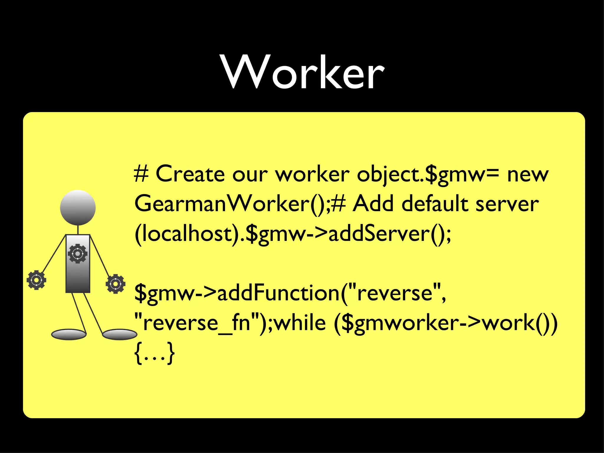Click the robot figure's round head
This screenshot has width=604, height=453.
tap(78, 208)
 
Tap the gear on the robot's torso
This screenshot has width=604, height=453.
tap(78, 254)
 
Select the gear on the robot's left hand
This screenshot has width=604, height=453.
tap(36, 280)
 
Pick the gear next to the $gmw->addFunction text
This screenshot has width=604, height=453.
tap(115, 284)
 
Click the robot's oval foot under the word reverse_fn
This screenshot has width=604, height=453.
tap(119, 334)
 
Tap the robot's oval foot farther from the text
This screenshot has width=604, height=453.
tap(69, 334)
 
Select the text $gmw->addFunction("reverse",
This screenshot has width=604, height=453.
tap(290, 293)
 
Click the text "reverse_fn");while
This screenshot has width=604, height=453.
tap(230, 323)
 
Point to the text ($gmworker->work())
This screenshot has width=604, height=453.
tap(445, 323)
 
